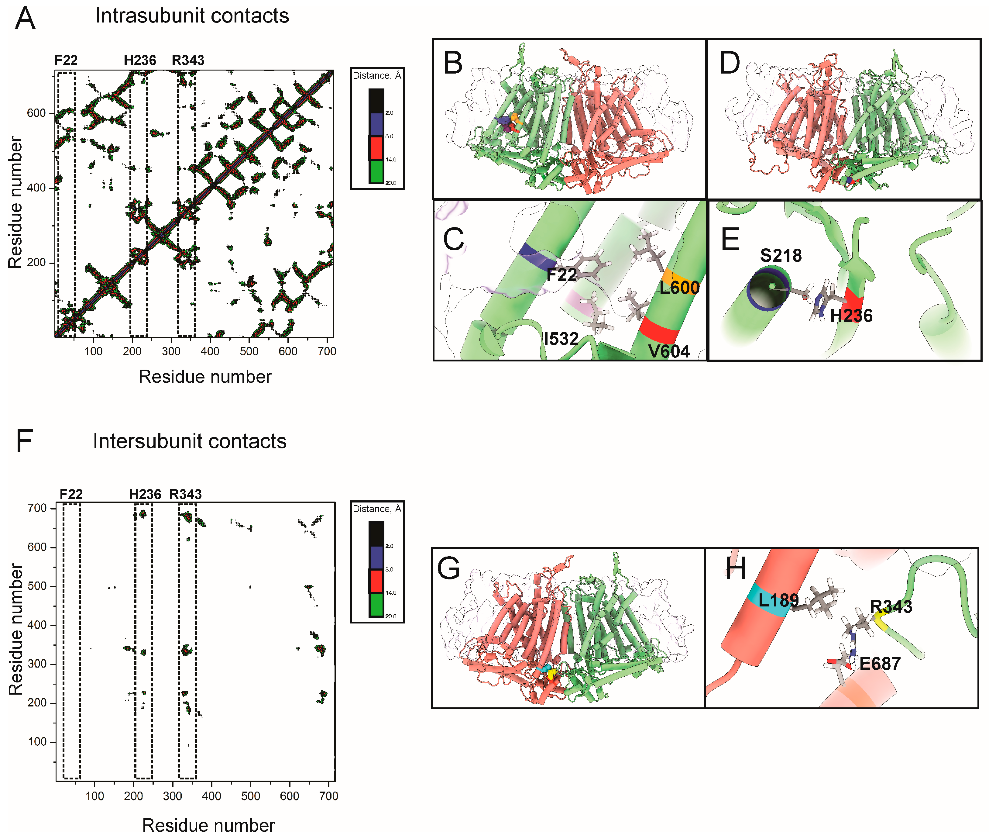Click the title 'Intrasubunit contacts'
click(192, 16)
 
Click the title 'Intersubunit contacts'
click(189, 441)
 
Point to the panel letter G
click(448, 568)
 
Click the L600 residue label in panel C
click(679, 287)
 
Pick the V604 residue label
click(668, 351)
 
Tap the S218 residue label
click(780, 255)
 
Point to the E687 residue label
click(880, 664)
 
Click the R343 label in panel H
click(891, 607)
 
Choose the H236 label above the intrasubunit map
click(140, 60)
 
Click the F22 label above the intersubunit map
click(71, 494)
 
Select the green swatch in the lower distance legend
click(376, 605)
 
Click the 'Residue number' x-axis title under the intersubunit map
click(208, 825)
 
